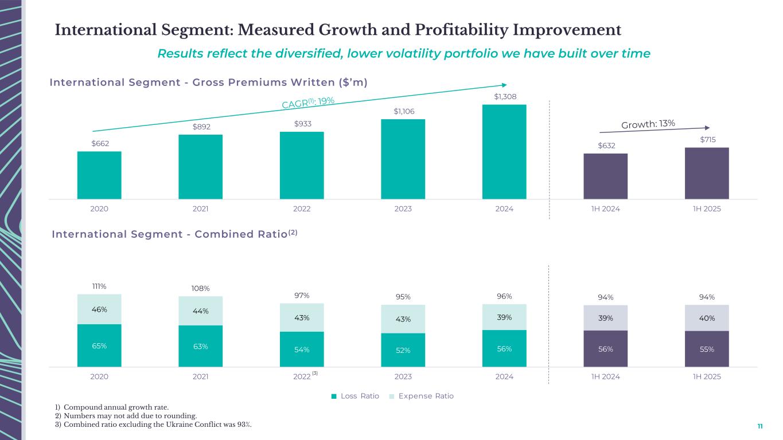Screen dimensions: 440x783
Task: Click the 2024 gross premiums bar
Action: point(504,152)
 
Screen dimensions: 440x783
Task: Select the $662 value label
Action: point(99,143)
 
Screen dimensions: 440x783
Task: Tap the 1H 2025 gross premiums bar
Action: point(707,173)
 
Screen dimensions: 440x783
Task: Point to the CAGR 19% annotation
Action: point(309,103)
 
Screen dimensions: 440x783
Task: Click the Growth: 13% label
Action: point(648,124)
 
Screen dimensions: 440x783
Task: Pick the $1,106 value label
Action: point(403,111)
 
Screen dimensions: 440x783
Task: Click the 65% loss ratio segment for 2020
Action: point(99,345)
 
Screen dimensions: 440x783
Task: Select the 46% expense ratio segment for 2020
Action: point(99,309)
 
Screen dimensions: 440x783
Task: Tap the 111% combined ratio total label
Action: point(99,286)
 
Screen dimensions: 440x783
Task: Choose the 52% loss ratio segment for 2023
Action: point(403,350)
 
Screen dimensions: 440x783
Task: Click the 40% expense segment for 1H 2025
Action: point(707,318)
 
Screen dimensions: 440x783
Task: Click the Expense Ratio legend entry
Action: point(421,396)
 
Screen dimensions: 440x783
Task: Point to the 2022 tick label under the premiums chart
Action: point(302,209)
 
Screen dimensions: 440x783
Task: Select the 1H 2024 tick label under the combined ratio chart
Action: point(605,376)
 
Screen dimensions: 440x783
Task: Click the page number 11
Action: point(760,426)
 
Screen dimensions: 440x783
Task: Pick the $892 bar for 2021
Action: point(200,167)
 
